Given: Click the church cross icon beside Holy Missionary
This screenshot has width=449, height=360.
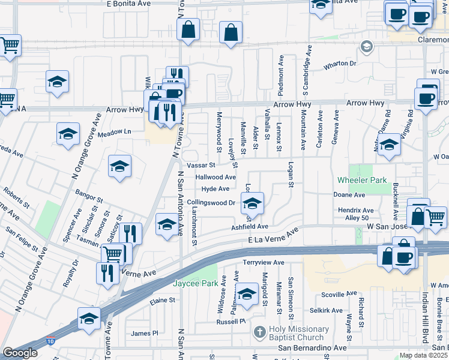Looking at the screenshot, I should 259,331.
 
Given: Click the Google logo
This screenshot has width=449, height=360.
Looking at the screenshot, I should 20,353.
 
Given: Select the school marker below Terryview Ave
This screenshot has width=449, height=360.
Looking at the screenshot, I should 246,295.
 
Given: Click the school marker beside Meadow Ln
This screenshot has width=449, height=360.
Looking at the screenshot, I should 68,133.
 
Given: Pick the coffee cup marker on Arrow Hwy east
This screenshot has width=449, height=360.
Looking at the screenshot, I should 426,98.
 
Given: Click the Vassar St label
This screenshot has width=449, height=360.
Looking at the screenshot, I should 200,165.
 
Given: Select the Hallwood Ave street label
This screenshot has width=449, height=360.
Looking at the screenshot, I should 215,178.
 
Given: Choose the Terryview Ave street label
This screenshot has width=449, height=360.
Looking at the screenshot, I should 264,263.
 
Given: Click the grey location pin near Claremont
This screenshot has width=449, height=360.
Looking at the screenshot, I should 366,46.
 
